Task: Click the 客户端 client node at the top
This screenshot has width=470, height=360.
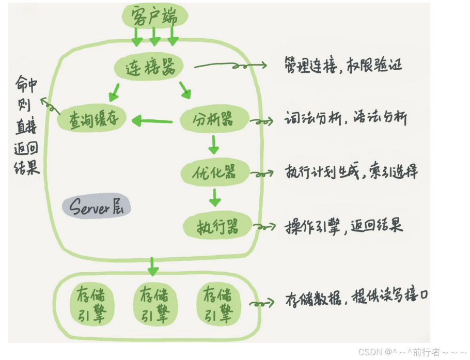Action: click(154, 17)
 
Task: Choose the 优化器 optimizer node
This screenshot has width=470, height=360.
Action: click(215, 172)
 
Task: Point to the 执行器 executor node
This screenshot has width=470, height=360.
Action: click(217, 226)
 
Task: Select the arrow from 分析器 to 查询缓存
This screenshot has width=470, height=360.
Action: click(152, 121)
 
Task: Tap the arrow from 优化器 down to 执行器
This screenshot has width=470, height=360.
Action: click(215, 197)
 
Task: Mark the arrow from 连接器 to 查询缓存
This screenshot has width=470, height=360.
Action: click(115, 93)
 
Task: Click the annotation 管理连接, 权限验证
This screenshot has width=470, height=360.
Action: click(343, 65)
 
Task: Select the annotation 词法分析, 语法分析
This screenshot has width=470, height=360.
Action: click(346, 119)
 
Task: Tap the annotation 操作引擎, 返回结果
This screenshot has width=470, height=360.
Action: click(344, 226)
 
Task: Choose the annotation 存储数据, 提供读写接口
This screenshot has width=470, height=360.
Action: click(356, 298)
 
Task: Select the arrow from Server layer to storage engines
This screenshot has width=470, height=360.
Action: click(152, 265)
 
